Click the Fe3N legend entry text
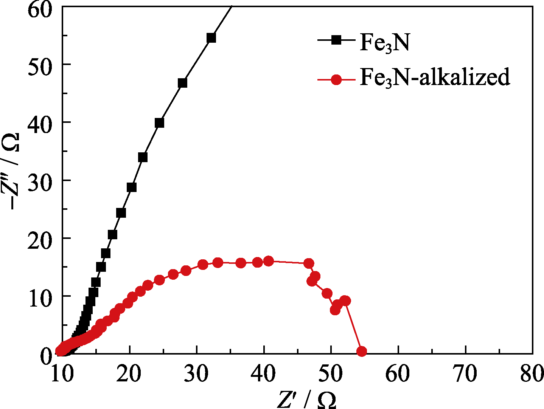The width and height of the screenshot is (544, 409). (x=384, y=42)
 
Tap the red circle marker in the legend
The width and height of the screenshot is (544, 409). (x=336, y=80)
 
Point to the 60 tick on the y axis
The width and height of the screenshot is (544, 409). (x=40, y=8)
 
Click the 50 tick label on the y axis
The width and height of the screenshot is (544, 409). (x=40, y=64)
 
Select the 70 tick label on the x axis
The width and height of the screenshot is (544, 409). (x=465, y=374)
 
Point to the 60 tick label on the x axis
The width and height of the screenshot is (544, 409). (x=398, y=374)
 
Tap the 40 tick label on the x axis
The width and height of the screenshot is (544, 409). (x=264, y=374)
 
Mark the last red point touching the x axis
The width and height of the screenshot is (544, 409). (x=362, y=352)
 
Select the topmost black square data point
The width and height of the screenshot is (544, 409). (x=211, y=38)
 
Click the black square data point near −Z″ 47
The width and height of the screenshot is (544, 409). (x=182, y=83)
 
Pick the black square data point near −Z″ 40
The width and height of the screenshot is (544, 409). (x=159, y=123)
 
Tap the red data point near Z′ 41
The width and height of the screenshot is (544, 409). (x=268, y=261)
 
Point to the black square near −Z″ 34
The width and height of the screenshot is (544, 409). (x=143, y=157)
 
